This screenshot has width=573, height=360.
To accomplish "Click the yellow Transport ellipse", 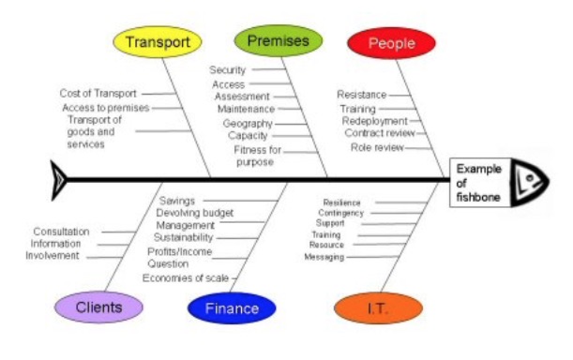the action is point(158,42).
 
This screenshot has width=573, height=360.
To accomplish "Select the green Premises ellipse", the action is point(278,41).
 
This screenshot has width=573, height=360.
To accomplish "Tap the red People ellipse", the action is point(391,43).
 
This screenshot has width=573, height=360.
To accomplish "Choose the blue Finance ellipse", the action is point(231,307).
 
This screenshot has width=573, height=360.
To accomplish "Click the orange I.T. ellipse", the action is point(378,307).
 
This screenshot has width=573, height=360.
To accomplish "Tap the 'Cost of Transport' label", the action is point(98,94).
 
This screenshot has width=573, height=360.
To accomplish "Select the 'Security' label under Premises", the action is point(227,69).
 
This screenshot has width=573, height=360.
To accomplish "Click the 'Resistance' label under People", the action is point(361,95).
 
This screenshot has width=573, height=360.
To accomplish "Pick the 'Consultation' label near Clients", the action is point(61,232).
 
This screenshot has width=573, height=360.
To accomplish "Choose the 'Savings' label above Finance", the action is point(177,201).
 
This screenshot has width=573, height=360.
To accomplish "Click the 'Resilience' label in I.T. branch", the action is point(341,202).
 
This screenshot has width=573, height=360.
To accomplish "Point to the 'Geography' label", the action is point(248,123).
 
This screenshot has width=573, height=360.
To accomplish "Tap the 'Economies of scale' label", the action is point(186,277).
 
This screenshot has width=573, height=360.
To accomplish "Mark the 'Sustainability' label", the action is point(183,238).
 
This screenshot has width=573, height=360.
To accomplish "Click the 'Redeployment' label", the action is point(374,121).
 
